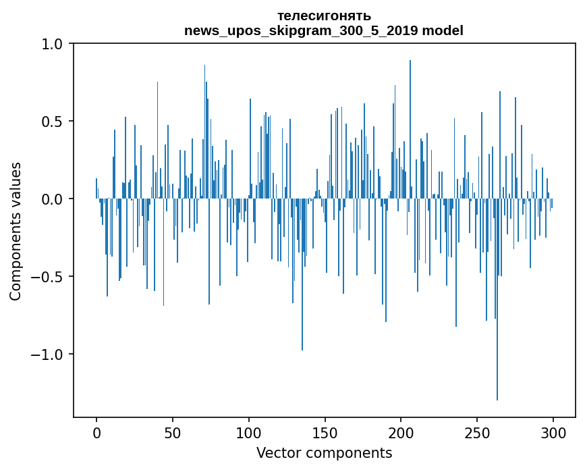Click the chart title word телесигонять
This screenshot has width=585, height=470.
coord(324,16)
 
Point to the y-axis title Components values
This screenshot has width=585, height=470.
coord(16,231)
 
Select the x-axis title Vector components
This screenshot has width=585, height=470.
coord(324,452)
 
